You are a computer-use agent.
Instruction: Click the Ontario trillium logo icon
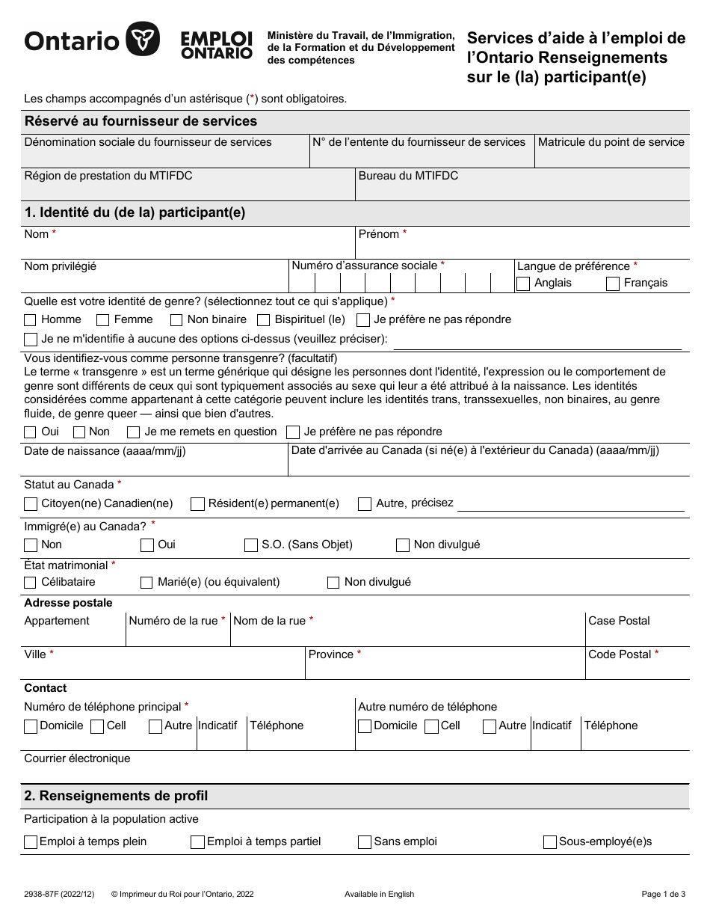tap(142, 40)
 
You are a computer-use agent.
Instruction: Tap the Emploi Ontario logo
tap(216, 45)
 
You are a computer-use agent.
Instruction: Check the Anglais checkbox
tap(523, 283)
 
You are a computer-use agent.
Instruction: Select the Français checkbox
tap(613, 283)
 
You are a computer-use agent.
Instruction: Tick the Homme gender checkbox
tap(31, 320)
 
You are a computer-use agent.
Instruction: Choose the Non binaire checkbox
tap(176, 320)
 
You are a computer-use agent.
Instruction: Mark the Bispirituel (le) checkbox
tap(263, 320)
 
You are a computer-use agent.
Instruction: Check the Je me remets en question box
tap(134, 432)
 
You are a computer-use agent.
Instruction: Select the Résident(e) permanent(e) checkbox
tap(197, 504)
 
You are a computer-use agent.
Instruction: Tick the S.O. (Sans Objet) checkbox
tap(251, 545)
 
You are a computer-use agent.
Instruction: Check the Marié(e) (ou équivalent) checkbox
tap(146, 583)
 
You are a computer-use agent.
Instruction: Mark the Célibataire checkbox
tap(31, 583)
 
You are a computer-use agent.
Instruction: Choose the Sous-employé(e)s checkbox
tap(550, 842)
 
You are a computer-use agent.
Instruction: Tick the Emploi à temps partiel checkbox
tap(197, 842)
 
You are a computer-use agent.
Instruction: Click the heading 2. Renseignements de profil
tap(116, 796)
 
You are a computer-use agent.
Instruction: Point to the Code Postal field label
tap(620, 654)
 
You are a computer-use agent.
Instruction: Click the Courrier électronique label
tap(77, 758)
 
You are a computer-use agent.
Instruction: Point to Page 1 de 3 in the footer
tap(663, 894)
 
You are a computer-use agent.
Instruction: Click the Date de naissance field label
tap(105, 451)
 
